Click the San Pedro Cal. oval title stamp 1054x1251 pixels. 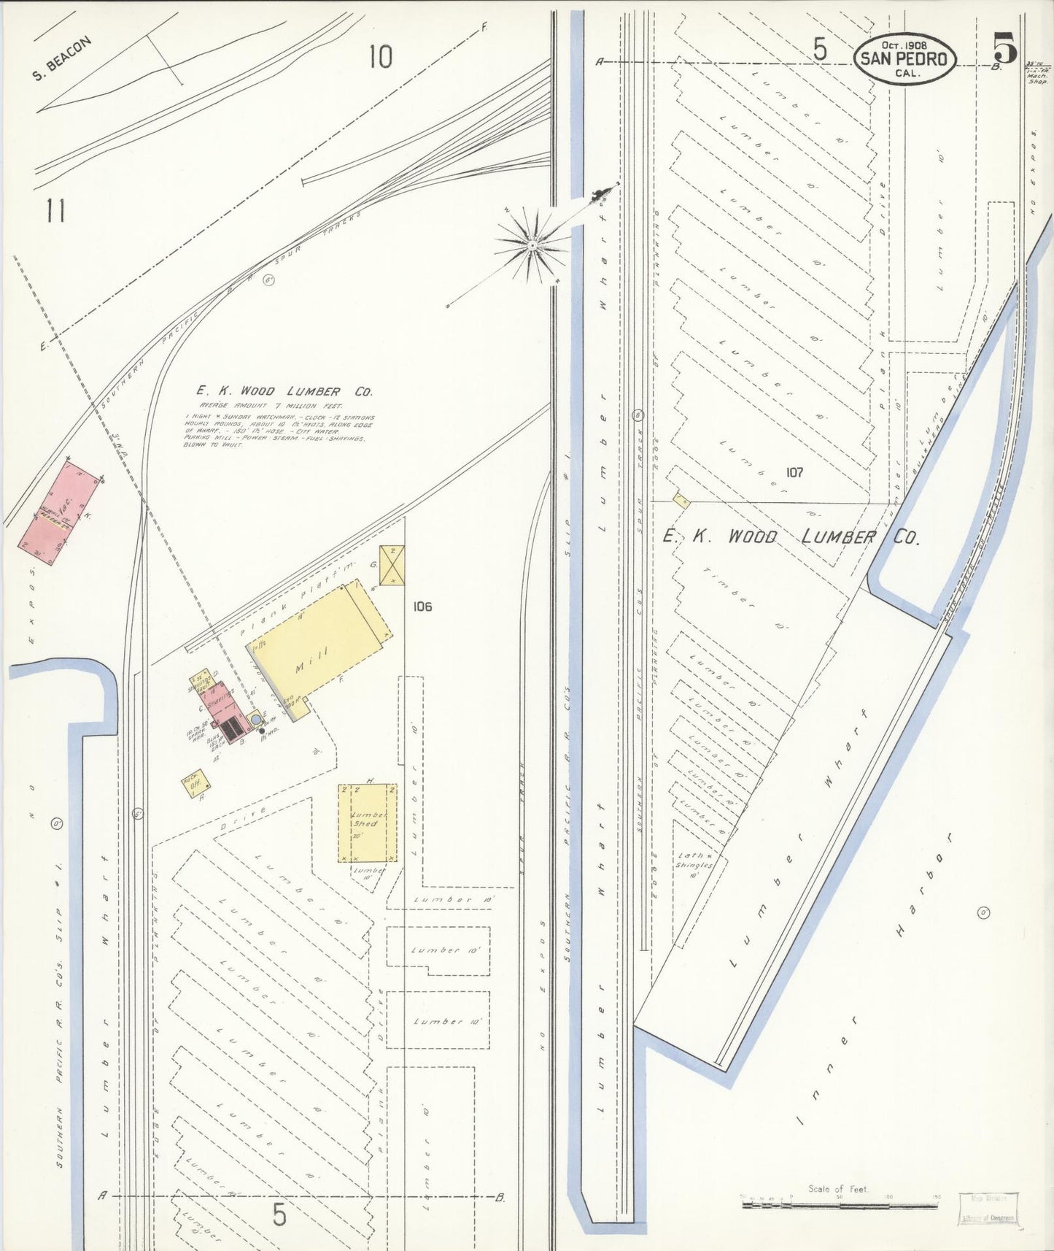coord(906,58)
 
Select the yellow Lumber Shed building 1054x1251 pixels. coord(368,823)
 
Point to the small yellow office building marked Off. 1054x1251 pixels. coord(196,786)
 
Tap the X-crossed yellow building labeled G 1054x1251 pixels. coord(392,565)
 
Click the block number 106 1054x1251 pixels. coord(422,606)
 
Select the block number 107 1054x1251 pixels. coord(794,472)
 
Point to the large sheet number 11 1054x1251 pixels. coord(55,211)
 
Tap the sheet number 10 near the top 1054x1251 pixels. coord(381,56)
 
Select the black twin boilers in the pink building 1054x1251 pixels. coord(232,727)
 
